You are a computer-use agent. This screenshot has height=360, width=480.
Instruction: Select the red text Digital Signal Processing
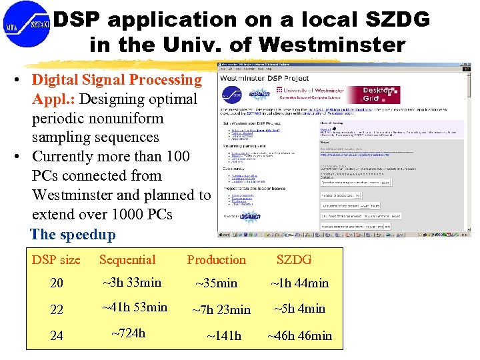pos(117,80)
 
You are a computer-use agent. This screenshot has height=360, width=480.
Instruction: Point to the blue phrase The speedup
pos(73,235)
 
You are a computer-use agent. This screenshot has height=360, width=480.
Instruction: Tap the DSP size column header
pos(56,260)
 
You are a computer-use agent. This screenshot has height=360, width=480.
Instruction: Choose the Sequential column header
pos(127,260)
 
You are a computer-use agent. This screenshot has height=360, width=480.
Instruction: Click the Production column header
pos(216,260)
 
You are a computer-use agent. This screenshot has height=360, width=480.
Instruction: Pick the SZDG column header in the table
pos(293,260)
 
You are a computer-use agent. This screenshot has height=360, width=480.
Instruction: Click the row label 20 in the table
pos(57,283)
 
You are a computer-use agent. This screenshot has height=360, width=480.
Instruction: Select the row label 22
pos(57,310)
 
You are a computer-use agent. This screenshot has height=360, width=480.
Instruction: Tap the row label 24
pos(57,336)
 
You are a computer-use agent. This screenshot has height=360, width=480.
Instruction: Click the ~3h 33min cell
pos(132,282)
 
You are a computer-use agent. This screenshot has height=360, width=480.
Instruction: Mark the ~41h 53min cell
pos(135,307)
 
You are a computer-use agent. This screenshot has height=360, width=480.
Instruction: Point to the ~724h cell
pos(128,333)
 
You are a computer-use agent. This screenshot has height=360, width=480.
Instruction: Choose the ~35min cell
pos(216,283)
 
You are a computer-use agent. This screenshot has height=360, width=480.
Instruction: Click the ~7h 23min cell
pos(221,309)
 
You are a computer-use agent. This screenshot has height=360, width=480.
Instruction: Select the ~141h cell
pos(224,335)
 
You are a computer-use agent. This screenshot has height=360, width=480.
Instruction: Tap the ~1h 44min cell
pos(299,283)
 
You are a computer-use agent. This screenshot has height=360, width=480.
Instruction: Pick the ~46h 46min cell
pos(299,335)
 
